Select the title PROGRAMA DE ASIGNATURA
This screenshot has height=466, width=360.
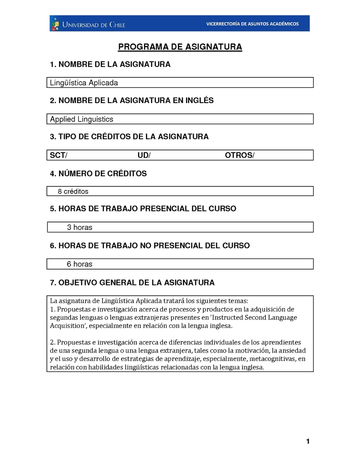(180, 47)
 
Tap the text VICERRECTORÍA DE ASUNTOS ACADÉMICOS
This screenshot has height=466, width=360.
(252, 24)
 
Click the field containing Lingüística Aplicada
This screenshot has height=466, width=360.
(84, 83)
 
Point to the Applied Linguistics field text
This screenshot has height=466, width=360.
(81, 119)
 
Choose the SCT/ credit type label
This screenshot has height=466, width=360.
(58, 155)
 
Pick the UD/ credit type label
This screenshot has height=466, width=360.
(144, 155)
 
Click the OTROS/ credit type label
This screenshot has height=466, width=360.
(239, 155)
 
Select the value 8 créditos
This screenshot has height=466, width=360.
(73, 191)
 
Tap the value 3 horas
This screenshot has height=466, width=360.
(80, 227)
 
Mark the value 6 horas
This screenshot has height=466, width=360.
(80, 264)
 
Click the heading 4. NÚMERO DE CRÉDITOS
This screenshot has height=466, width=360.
(98, 173)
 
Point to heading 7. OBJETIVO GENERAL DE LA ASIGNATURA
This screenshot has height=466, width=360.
(132, 283)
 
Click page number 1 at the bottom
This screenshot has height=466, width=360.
(308, 441)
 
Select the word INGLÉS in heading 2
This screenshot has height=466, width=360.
(199, 101)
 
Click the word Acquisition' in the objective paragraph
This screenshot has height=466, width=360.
(68, 326)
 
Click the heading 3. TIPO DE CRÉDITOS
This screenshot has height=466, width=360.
(129, 137)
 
